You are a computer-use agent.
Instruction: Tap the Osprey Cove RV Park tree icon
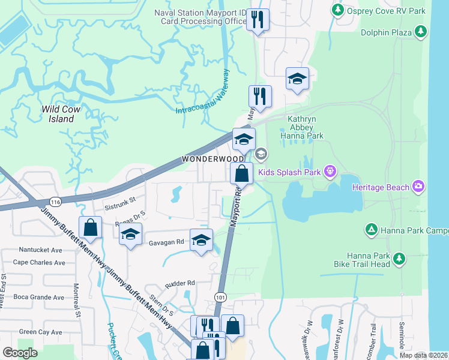tap(338, 10)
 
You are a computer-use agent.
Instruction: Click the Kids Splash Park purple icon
tap(330, 172)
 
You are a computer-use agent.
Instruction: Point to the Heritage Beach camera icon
tap(418, 187)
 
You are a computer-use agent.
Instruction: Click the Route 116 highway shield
tap(55, 200)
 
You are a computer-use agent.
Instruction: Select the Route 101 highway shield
tap(220, 296)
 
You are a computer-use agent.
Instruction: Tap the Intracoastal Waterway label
tap(203, 93)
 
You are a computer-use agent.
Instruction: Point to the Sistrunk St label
tap(122, 203)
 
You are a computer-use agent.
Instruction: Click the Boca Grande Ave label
tap(38, 297)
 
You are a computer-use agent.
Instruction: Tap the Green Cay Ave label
tap(40, 332)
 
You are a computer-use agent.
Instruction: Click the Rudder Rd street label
tap(182, 283)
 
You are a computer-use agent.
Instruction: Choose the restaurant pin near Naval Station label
tap(258, 19)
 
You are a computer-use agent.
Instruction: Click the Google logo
tap(20, 353)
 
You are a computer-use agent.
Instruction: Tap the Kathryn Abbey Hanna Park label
tap(305, 127)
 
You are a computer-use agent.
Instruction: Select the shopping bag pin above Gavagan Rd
tap(90, 227)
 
